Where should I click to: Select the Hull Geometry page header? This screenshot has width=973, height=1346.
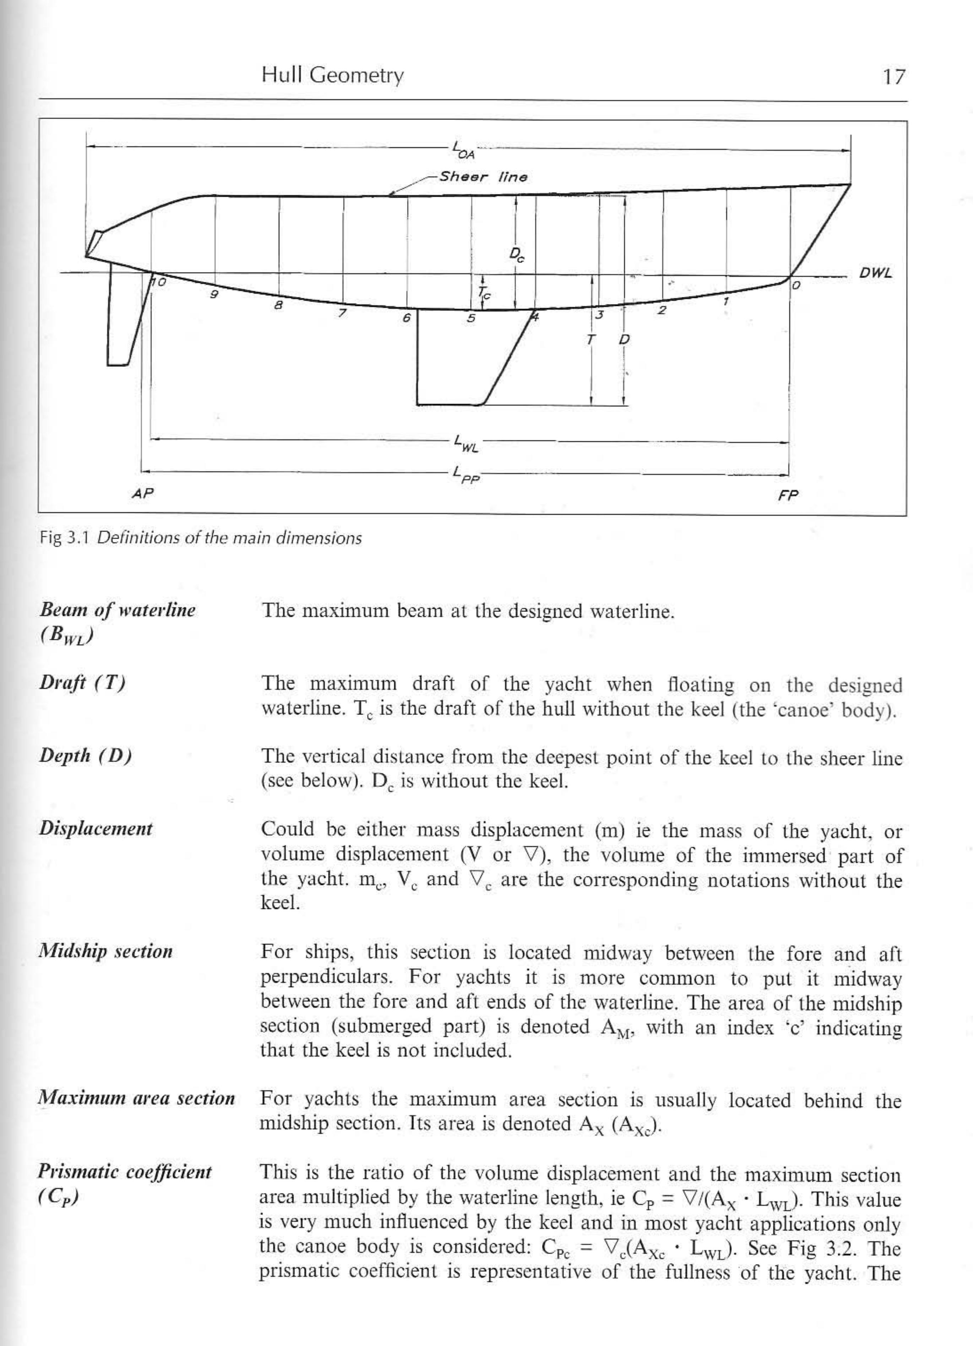332,75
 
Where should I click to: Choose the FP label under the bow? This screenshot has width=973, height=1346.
788,495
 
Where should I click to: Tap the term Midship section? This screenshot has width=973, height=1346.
105,951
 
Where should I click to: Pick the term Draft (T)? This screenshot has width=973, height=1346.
82,683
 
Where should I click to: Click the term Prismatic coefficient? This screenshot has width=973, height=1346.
125,1173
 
